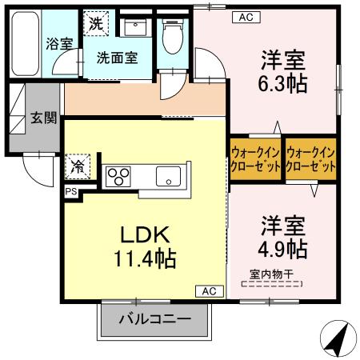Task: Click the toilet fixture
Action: pyautogui.click(x=170, y=34)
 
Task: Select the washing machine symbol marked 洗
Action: pyautogui.click(x=95, y=22)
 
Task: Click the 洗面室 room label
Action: pyautogui.click(x=117, y=58)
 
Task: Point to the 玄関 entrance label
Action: pyautogui.click(x=44, y=118)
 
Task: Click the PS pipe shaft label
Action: pyautogui.click(x=71, y=191)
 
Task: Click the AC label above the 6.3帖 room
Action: pyautogui.click(x=244, y=17)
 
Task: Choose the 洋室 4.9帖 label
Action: pyautogui.click(x=282, y=236)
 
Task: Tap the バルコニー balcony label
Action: pyautogui.click(x=154, y=320)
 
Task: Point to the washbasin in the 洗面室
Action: pyautogui.click(x=134, y=26)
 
